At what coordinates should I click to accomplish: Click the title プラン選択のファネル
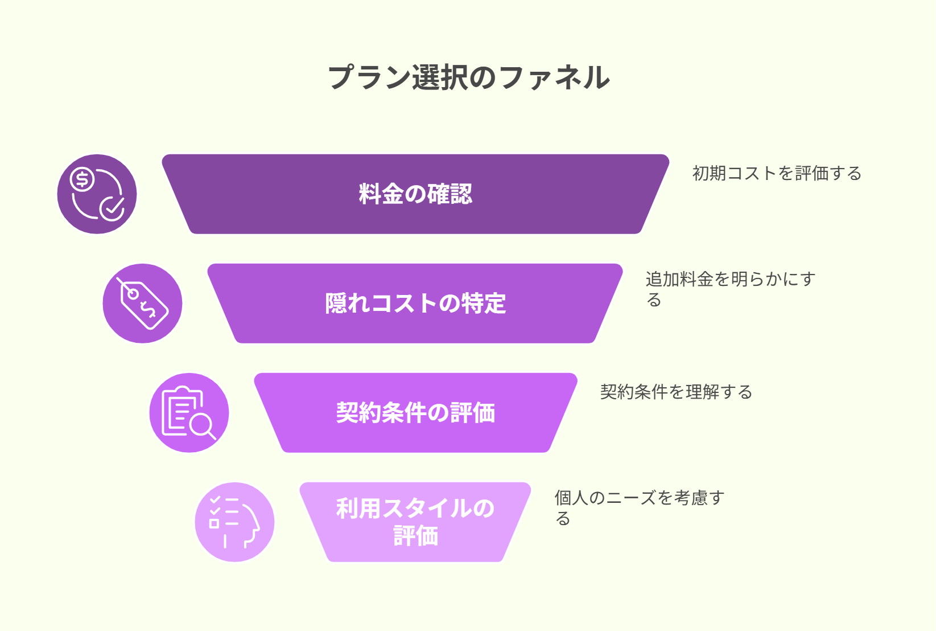pos(468,77)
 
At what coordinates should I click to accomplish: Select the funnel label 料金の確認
pos(415,194)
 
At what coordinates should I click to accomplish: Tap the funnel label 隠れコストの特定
pos(415,303)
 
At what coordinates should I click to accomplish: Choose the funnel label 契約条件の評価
pos(415,412)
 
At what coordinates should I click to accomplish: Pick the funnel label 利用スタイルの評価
pos(415,522)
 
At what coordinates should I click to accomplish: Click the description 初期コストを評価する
pos(777,173)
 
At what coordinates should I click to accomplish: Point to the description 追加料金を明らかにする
pos(730,289)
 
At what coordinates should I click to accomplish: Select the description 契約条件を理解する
pos(676,392)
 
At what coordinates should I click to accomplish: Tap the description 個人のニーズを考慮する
pos(640,507)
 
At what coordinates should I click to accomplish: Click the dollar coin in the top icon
pos(82,179)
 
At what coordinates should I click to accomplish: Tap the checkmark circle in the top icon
pos(112,208)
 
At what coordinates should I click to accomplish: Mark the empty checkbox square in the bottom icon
pos(215,523)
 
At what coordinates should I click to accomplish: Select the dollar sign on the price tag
pos(147,310)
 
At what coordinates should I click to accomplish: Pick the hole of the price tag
pos(133,294)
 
